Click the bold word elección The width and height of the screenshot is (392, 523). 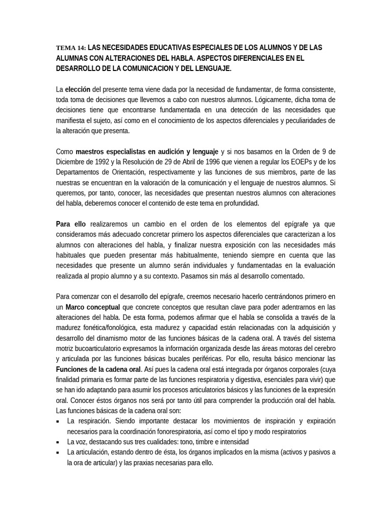78,89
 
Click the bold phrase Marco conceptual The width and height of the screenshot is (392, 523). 92,307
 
